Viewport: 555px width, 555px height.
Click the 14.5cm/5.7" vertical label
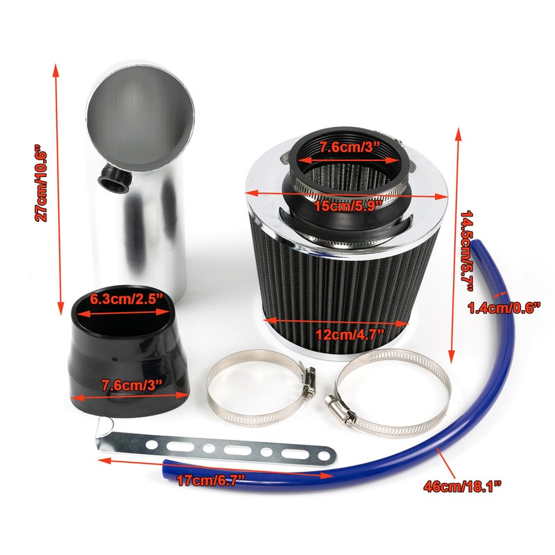coord(468,243)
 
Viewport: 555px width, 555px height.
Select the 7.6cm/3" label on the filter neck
coord(351,147)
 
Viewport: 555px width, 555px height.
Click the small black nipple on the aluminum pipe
coord(112,178)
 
